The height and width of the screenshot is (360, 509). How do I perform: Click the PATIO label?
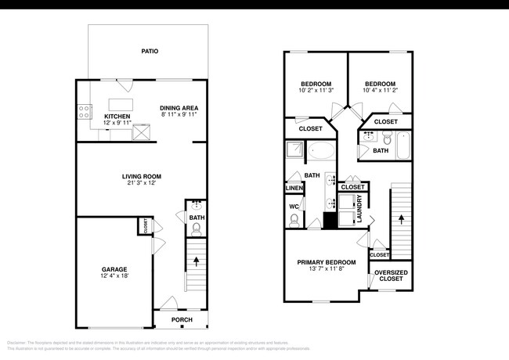tap(150, 51)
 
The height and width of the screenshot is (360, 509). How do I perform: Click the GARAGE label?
tap(114, 268)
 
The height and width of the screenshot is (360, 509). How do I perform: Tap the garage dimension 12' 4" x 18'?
tap(114, 276)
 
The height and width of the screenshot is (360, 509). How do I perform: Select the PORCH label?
tap(182, 319)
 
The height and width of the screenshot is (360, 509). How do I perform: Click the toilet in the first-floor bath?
tap(197, 229)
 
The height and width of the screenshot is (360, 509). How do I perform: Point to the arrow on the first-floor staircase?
tap(196, 261)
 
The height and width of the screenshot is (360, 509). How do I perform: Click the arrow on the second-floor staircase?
tap(403, 220)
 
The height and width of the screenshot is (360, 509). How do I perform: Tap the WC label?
tap(294, 207)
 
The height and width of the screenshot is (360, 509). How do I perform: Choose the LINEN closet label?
tap(294, 188)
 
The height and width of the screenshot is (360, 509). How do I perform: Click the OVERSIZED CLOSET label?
tap(391, 275)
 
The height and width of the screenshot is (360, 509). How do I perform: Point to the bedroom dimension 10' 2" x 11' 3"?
tap(316, 91)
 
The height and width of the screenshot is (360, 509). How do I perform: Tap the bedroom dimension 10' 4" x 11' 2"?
tap(379, 91)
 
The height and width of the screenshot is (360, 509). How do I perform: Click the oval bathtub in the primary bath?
tap(321, 150)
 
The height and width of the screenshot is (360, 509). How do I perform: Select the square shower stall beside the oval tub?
tap(294, 150)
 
